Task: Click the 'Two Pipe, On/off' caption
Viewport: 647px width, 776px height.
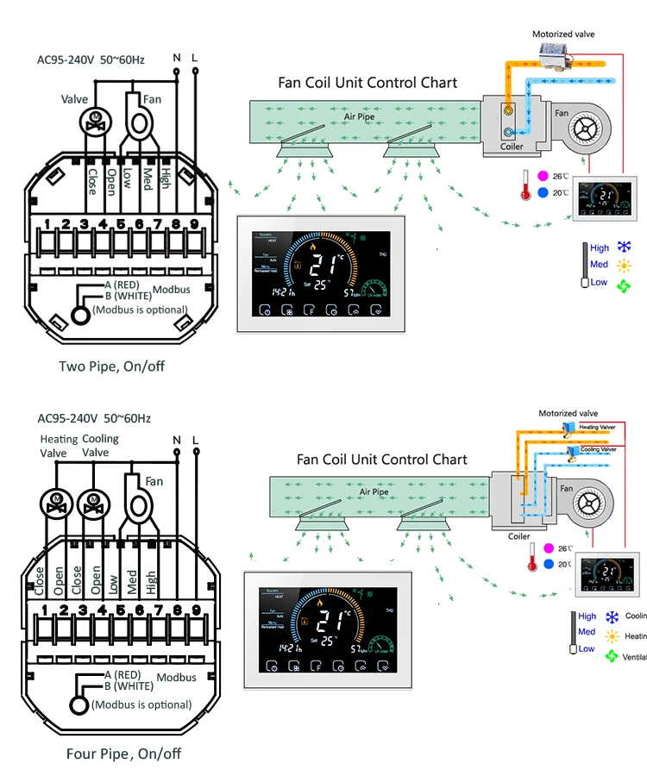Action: (x=111, y=366)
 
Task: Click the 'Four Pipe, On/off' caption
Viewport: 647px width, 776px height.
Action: (x=123, y=754)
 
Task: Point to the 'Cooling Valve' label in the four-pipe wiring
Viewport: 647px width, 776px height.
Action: (x=100, y=446)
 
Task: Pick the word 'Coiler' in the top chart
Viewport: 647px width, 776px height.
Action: (x=512, y=147)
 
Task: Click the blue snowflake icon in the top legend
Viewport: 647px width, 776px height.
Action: (x=624, y=247)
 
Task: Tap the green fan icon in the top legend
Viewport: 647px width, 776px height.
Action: (x=624, y=284)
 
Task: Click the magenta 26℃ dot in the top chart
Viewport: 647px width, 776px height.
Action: (x=543, y=176)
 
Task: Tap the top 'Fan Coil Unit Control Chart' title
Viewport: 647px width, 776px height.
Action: (x=367, y=83)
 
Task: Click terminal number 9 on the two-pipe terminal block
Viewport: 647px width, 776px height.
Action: (x=195, y=225)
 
